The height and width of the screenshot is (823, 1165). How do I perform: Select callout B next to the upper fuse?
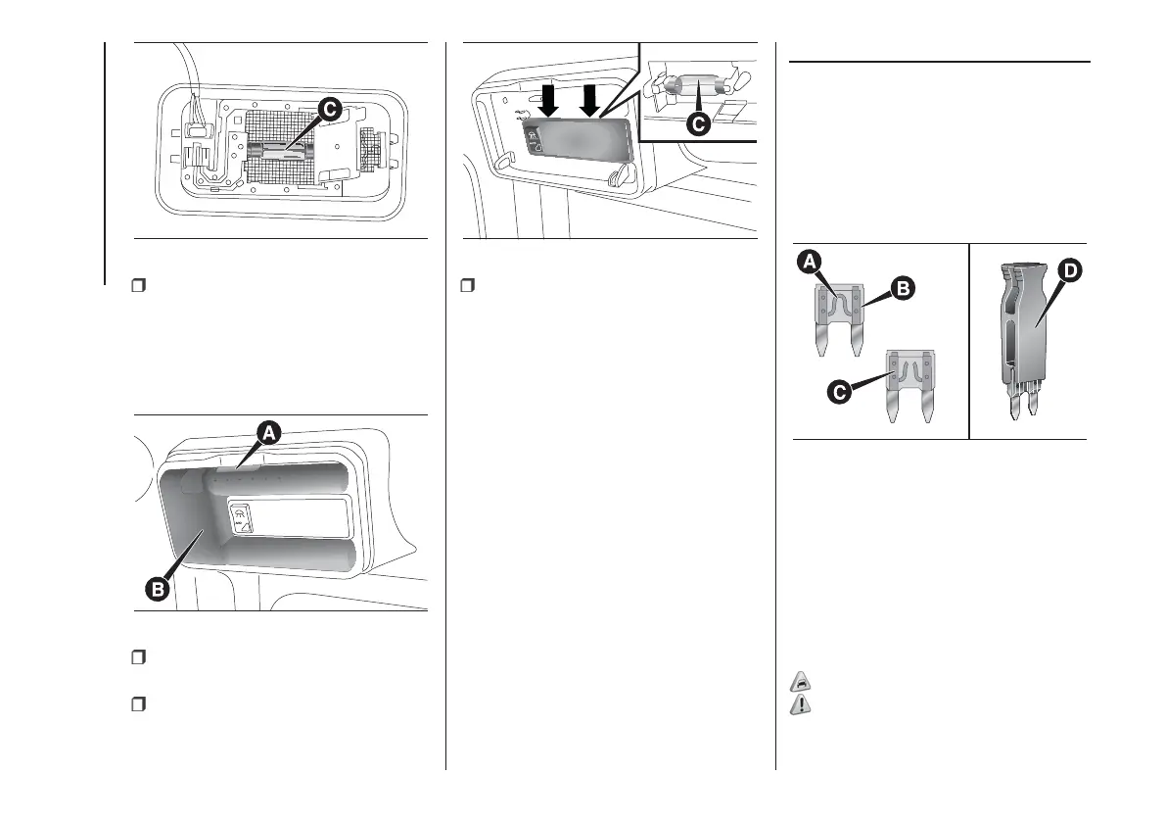(x=904, y=288)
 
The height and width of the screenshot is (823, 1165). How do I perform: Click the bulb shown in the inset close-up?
(x=685, y=90)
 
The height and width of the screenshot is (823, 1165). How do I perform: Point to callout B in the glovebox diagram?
(x=157, y=589)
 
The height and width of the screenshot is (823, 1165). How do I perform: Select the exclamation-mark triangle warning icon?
(x=800, y=704)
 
